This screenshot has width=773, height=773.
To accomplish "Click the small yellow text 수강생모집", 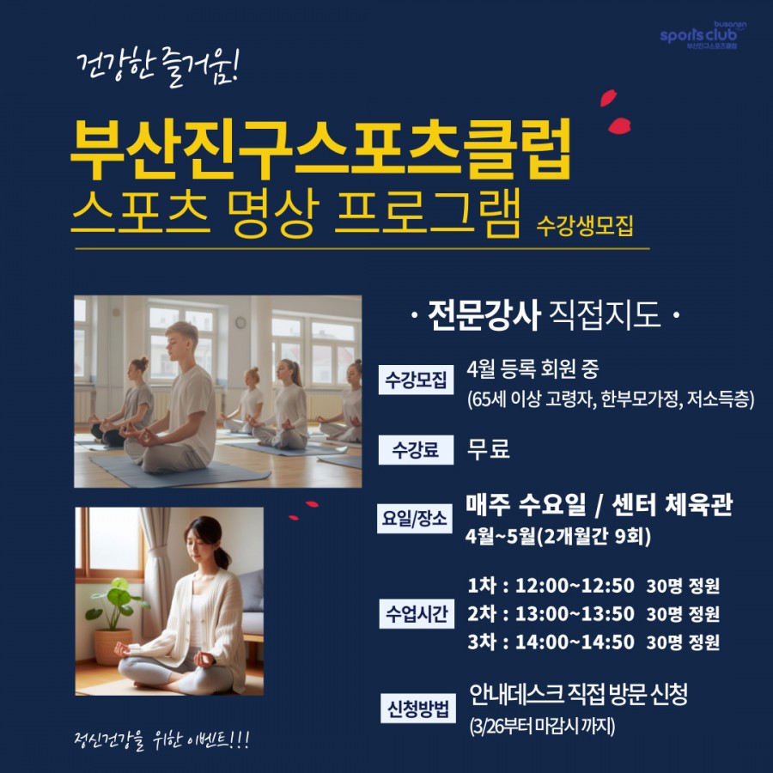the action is click(x=585, y=226).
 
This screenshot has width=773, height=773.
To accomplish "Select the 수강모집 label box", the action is click(x=416, y=380).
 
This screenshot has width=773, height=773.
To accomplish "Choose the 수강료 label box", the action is click(x=416, y=449).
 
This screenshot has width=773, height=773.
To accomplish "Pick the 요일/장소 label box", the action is click(x=415, y=519).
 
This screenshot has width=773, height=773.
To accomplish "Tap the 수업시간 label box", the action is click(x=417, y=614).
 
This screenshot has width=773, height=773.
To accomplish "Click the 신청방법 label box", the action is click(x=418, y=709).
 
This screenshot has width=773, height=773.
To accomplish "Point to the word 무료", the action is click(x=488, y=449).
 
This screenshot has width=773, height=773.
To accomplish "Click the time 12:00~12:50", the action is click(x=575, y=586).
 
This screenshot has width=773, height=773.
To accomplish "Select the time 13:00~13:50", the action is click(x=575, y=614).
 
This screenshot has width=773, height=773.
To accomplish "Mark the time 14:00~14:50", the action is click(x=575, y=642).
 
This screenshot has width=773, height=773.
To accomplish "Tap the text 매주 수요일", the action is click(x=526, y=505).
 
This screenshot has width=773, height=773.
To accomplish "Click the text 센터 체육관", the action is click(x=673, y=505).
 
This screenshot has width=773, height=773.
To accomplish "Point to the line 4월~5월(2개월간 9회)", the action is click(x=558, y=536).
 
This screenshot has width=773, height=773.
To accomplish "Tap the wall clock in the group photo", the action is click(x=240, y=322).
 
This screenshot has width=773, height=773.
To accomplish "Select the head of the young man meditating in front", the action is click(x=181, y=341).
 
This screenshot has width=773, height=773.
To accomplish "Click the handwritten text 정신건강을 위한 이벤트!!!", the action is click(x=161, y=740).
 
